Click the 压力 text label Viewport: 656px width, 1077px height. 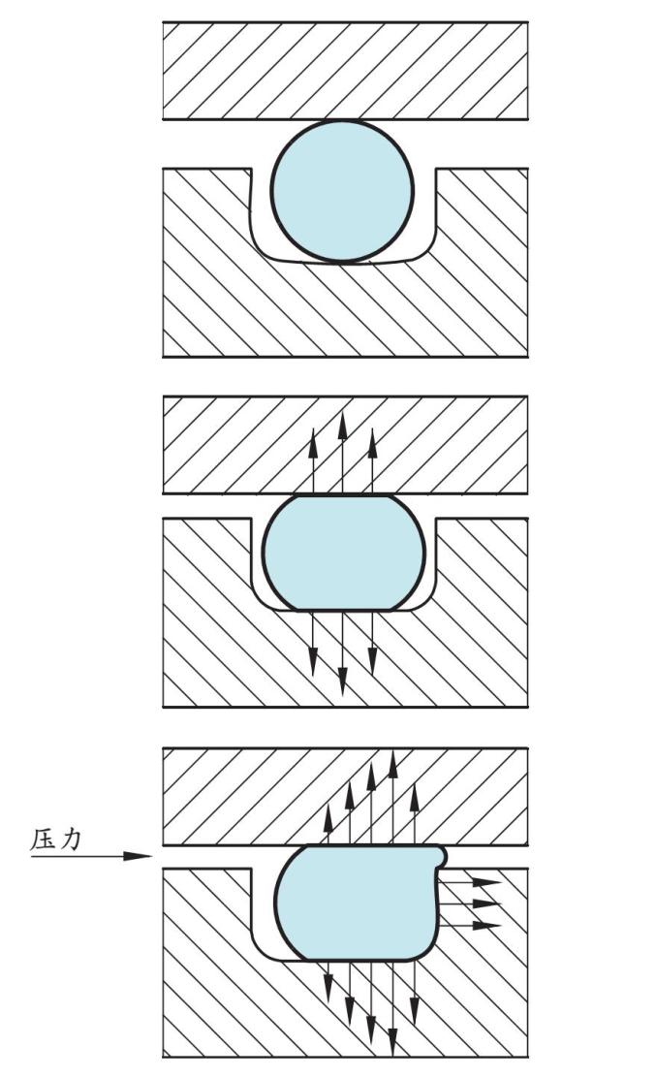coord(56,839)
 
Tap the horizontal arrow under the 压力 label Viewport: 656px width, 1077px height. coord(92,856)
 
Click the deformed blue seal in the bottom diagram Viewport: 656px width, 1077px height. coord(354,902)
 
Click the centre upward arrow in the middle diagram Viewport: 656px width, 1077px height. coord(343,456)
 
